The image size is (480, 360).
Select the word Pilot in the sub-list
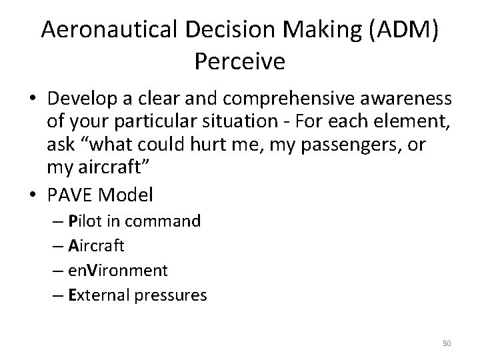tap(83, 221)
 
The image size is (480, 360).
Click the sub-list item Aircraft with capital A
tap(96, 245)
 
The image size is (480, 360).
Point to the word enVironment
tap(118, 270)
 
